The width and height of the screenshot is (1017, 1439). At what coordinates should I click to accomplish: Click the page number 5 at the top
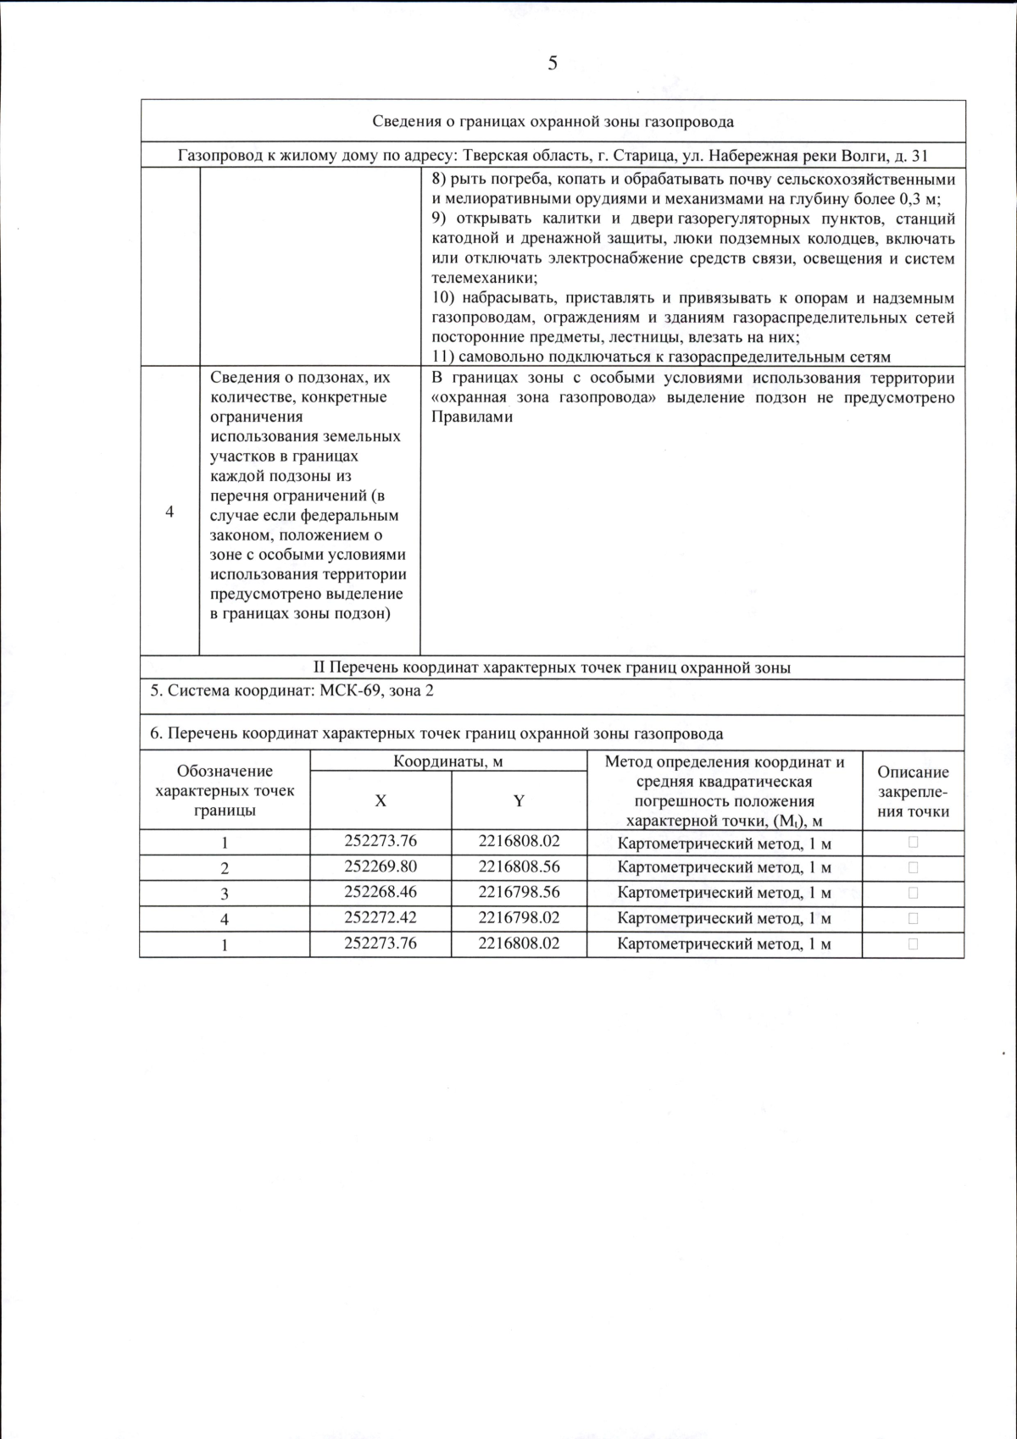(x=553, y=64)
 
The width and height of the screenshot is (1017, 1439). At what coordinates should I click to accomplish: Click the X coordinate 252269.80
(x=381, y=866)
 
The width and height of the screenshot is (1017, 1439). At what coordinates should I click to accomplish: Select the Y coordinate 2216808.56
(x=519, y=866)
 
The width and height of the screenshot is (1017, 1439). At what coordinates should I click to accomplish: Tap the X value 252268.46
(x=381, y=892)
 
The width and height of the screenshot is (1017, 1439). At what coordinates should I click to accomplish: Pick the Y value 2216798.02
(x=519, y=917)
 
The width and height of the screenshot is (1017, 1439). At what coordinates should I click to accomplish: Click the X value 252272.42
(x=381, y=917)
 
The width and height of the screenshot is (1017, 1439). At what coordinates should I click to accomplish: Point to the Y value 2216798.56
(x=519, y=892)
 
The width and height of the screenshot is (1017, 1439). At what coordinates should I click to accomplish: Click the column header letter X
(x=381, y=800)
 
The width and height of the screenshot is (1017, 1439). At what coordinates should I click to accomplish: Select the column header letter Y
(x=519, y=800)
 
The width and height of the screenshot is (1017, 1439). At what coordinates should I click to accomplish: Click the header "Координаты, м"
(x=447, y=761)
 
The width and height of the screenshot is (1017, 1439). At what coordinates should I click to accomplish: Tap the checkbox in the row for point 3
(x=913, y=893)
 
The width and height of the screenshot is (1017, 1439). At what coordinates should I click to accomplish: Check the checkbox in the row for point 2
(x=913, y=867)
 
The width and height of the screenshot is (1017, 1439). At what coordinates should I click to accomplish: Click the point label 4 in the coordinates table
(x=225, y=919)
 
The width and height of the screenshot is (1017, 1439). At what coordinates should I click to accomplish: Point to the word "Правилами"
(x=472, y=417)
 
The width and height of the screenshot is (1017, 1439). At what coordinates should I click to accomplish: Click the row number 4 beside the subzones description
(x=169, y=512)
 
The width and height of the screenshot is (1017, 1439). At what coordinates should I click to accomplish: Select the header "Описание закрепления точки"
(x=913, y=791)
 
